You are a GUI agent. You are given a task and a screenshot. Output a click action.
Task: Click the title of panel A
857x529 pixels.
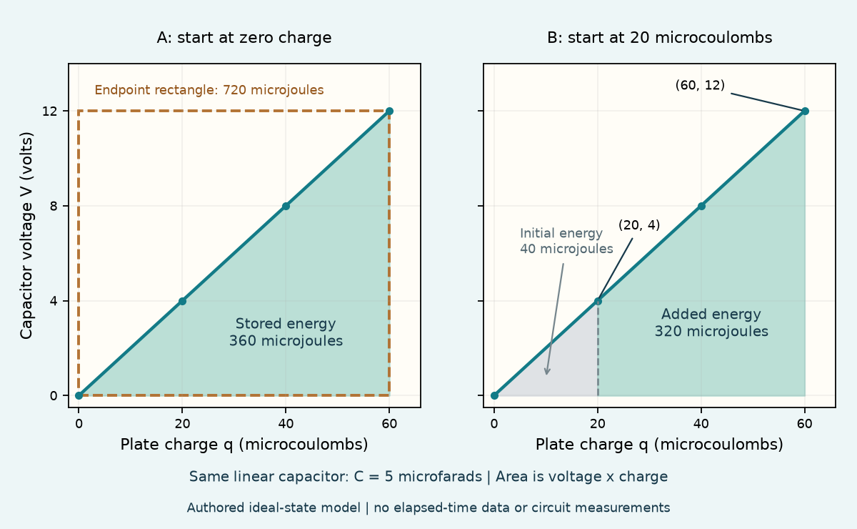pyautogui.click(x=244, y=38)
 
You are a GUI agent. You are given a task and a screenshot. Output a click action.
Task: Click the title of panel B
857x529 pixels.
pyautogui.click(x=660, y=38)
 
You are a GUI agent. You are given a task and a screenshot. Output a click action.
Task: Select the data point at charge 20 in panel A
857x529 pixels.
pyautogui.click(x=183, y=301)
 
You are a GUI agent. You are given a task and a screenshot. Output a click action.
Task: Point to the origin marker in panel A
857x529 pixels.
pyautogui.click(x=79, y=396)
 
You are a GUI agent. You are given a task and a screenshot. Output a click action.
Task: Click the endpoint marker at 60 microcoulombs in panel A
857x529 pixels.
pyautogui.click(x=389, y=111)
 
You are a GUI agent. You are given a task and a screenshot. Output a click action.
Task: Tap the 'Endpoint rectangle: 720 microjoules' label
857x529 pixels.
pyautogui.click(x=209, y=90)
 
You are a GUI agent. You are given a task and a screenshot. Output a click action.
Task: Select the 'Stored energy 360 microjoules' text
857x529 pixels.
pyautogui.click(x=286, y=332)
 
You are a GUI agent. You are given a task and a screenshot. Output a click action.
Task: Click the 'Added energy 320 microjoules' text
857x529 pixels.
pyautogui.click(x=711, y=322)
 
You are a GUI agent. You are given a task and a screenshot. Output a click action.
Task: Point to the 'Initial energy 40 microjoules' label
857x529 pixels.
pyautogui.click(x=566, y=241)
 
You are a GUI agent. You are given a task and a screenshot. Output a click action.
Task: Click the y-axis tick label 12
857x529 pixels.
pyautogui.click(x=50, y=111)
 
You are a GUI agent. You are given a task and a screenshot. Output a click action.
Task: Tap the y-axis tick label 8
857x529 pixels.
pyautogui.click(x=54, y=206)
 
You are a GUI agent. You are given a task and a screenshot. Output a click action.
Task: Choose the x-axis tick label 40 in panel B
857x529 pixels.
pyautogui.click(x=701, y=424)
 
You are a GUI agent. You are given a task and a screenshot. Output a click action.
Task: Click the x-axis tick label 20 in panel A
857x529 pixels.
pyautogui.click(x=183, y=424)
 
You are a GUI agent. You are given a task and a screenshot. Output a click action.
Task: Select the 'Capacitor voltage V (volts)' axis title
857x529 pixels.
pyautogui.click(x=26, y=236)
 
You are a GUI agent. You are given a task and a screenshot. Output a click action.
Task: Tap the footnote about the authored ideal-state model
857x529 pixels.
pyautogui.click(x=428, y=508)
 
